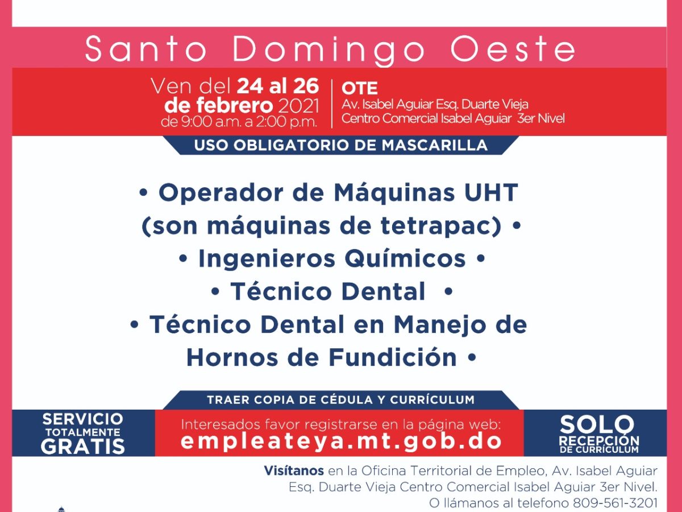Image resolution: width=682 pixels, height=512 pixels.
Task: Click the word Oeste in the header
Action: pyautogui.click(x=513, y=49)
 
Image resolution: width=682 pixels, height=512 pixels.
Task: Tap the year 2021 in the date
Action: pyautogui.click(x=298, y=106)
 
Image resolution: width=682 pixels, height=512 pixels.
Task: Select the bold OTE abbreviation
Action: pyautogui.click(x=360, y=88)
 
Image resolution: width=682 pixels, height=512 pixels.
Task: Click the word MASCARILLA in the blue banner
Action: pyautogui.click(x=434, y=146)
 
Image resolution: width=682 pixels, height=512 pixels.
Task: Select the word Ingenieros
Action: pyautogui.click(x=267, y=259)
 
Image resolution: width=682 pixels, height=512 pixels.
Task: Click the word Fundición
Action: pyautogui.click(x=392, y=357)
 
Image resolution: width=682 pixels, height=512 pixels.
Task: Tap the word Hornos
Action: pyautogui.click(x=232, y=357)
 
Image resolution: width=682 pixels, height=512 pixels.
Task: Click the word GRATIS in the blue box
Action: pyautogui.click(x=82, y=446)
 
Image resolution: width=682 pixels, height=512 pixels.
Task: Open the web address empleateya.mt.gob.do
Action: pyautogui.click(x=341, y=441)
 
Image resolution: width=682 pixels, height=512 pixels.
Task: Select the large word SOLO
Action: pyautogui.click(x=597, y=424)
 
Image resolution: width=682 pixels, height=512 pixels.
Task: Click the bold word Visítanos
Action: pyautogui.click(x=294, y=470)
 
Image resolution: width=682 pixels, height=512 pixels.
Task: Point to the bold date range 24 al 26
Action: pyautogui.click(x=278, y=86)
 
